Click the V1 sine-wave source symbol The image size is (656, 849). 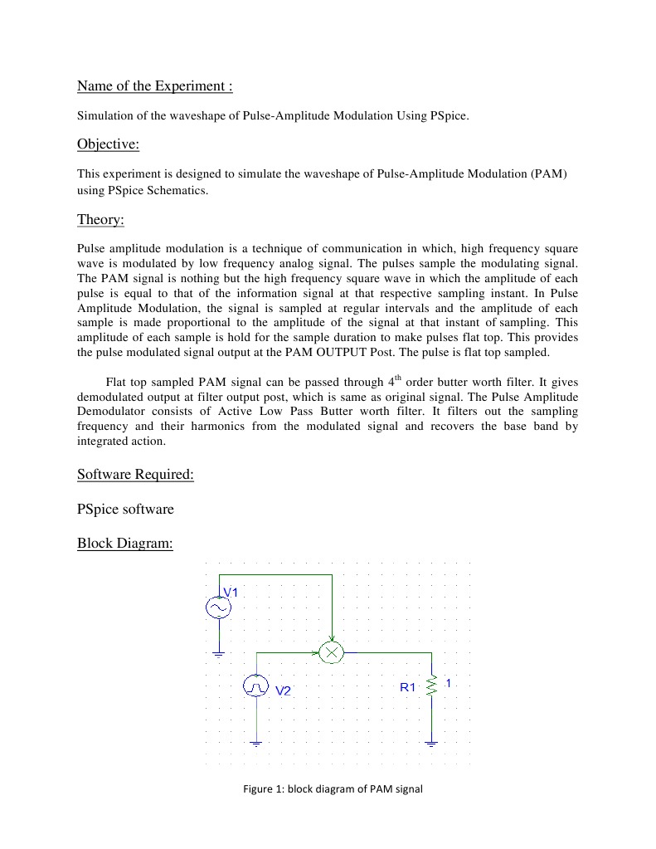[219, 608]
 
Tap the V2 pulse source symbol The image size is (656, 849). [256, 686]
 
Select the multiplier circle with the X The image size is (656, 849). [332, 652]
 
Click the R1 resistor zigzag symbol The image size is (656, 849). [431, 686]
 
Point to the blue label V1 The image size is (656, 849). [230, 593]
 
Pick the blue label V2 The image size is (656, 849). [284, 691]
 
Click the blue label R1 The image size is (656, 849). [407, 687]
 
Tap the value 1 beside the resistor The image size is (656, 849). [448, 683]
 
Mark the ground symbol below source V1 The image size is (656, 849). [219, 654]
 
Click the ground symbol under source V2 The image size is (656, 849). [256, 743]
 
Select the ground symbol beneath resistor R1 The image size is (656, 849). [431, 743]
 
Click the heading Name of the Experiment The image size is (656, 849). [155, 86]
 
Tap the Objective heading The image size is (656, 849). [108, 144]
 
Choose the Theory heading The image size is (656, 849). [100, 219]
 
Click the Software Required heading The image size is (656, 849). [135, 475]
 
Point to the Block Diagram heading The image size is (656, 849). [124, 544]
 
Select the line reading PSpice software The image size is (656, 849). [125, 509]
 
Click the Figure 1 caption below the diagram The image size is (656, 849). [333, 789]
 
